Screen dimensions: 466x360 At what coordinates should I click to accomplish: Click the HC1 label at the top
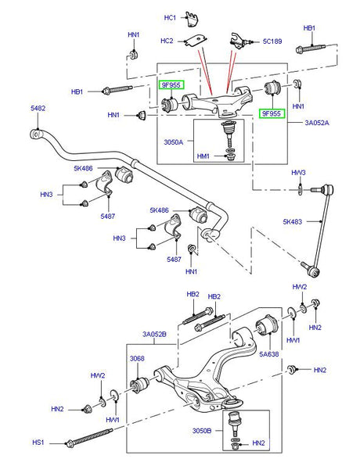[x=170, y=17]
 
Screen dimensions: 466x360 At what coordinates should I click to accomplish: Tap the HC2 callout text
[x=167, y=41]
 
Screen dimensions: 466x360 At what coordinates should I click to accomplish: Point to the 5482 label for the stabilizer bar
[x=38, y=109]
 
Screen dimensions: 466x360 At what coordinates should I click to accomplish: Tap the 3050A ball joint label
[x=174, y=143]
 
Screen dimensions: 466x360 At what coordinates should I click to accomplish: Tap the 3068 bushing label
[x=137, y=358]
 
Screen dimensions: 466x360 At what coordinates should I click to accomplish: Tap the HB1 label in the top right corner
[x=309, y=28]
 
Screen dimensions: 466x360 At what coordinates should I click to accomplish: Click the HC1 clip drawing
[x=193, y=17]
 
